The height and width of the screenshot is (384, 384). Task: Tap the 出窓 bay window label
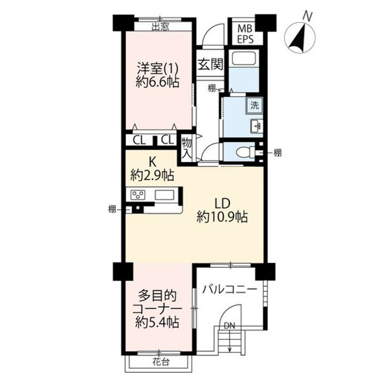pyautogui.click(x=161, y=26)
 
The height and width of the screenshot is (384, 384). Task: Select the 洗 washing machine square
pyautogui.click(x=255, y=105)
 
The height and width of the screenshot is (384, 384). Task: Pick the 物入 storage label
pyautogui.click(x=187, y=147)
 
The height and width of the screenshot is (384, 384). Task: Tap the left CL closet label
pyautogui.click(x=139, y=140)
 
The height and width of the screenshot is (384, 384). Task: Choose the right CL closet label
pyautogui.click(x=167, y=140)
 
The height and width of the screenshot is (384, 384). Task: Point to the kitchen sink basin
pyautogui.click(x=165, y=194)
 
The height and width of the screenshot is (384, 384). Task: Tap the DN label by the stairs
pyautogui.click(x=229, y=325)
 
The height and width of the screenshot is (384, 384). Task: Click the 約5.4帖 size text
pyautogui.click(x=157, y=322)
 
